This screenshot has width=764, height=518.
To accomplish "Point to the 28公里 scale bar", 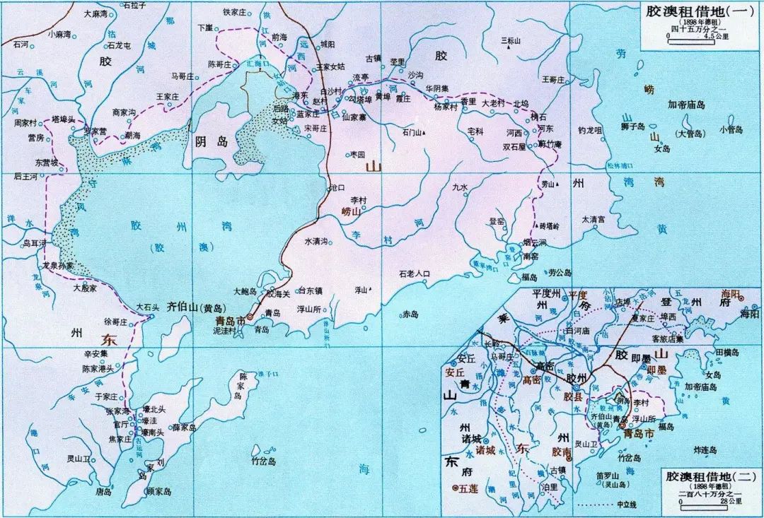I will click(x=700, y=502).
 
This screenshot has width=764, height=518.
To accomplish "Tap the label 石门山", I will click(x=412, y=132).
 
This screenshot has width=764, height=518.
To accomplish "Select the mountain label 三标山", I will click(x=510, y=41).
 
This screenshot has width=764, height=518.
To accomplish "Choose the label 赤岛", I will click(x=410, y=314).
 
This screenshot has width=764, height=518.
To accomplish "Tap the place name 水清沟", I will click(x=316, y=241).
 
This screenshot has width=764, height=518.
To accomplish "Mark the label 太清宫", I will click(x=593, y=220).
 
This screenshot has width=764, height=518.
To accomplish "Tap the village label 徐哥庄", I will click(x=115, y=322).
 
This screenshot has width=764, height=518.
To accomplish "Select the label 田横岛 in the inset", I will click(x=728, y=351).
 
